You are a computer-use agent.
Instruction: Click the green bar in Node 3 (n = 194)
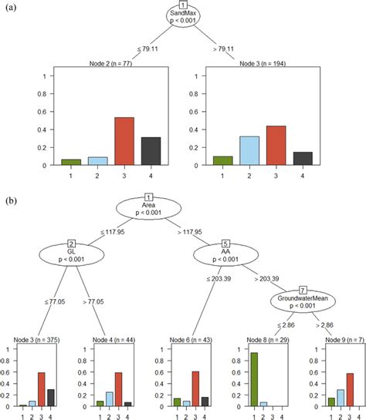pos(222,160)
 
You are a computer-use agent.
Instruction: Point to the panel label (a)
pos(12,9)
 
